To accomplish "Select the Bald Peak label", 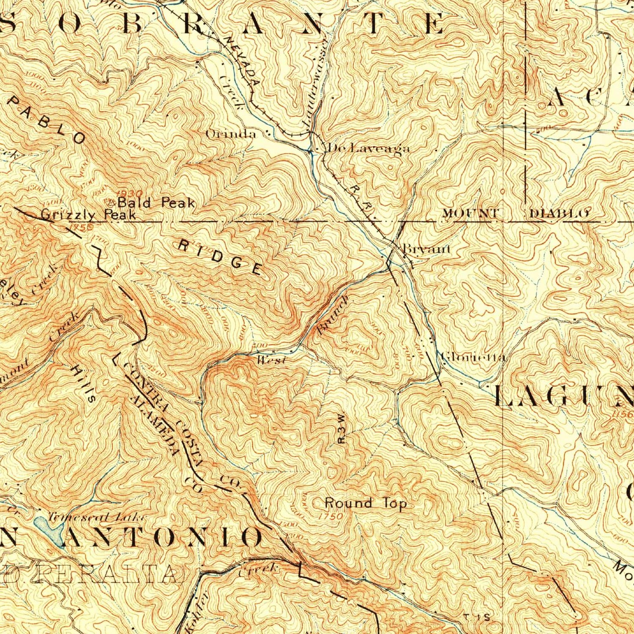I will point(156,203).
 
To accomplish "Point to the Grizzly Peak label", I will point(88,215).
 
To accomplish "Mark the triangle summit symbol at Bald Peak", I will point(112,202).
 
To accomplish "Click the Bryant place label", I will point(426,249).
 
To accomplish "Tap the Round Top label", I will point(366,503).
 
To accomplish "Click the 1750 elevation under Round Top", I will point(331,516).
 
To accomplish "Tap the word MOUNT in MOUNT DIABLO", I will point(470,213).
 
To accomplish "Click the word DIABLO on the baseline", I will point(559,213).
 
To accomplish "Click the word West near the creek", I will point(271,360).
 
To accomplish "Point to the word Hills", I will point(83,383).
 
